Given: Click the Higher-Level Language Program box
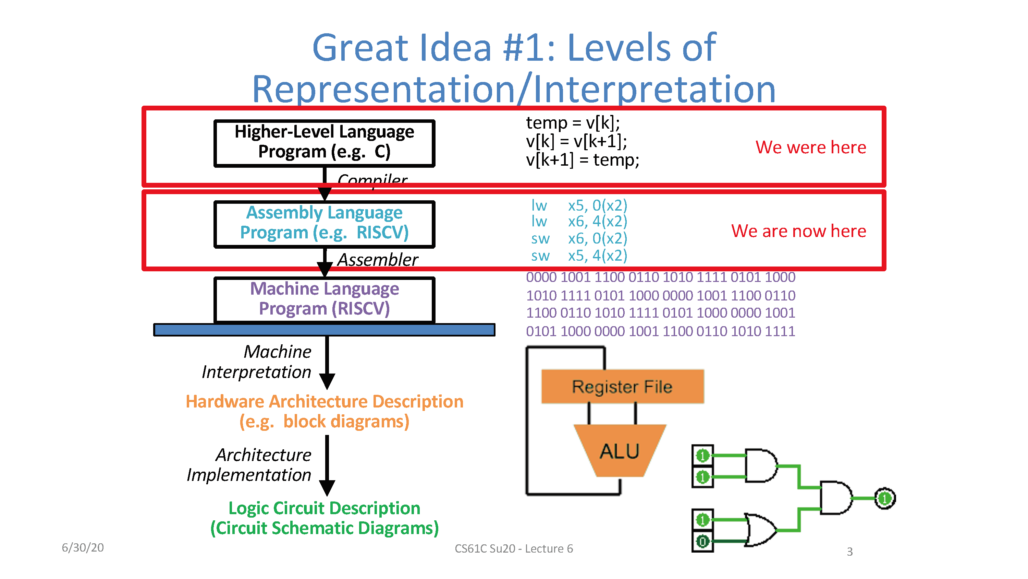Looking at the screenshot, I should tap(324, 143).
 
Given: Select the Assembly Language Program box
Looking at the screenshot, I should tap(324, 223).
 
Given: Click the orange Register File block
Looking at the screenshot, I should tap(622, 386).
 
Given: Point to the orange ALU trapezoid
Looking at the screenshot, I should tap(619, 451).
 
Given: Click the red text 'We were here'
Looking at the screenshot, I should tap(810, 147).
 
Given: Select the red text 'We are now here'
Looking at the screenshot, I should tap(798, 231).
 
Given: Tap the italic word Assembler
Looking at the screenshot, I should tap(378, 260).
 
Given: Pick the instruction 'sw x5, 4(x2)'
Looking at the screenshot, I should tap(579, 255).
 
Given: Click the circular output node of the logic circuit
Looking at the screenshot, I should tap(884, 498).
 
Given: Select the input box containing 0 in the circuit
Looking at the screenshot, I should tap(702, 541).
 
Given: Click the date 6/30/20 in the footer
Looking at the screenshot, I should tap(83, 547).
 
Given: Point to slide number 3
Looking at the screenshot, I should tap(849, 552).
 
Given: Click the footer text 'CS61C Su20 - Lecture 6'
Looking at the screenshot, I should tap(514, 548).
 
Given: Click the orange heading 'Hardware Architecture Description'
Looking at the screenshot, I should tap(324, 402).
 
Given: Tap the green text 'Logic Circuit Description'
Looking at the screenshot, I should tap(324, 508).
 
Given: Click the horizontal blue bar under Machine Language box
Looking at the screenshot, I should tap(324, 330).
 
